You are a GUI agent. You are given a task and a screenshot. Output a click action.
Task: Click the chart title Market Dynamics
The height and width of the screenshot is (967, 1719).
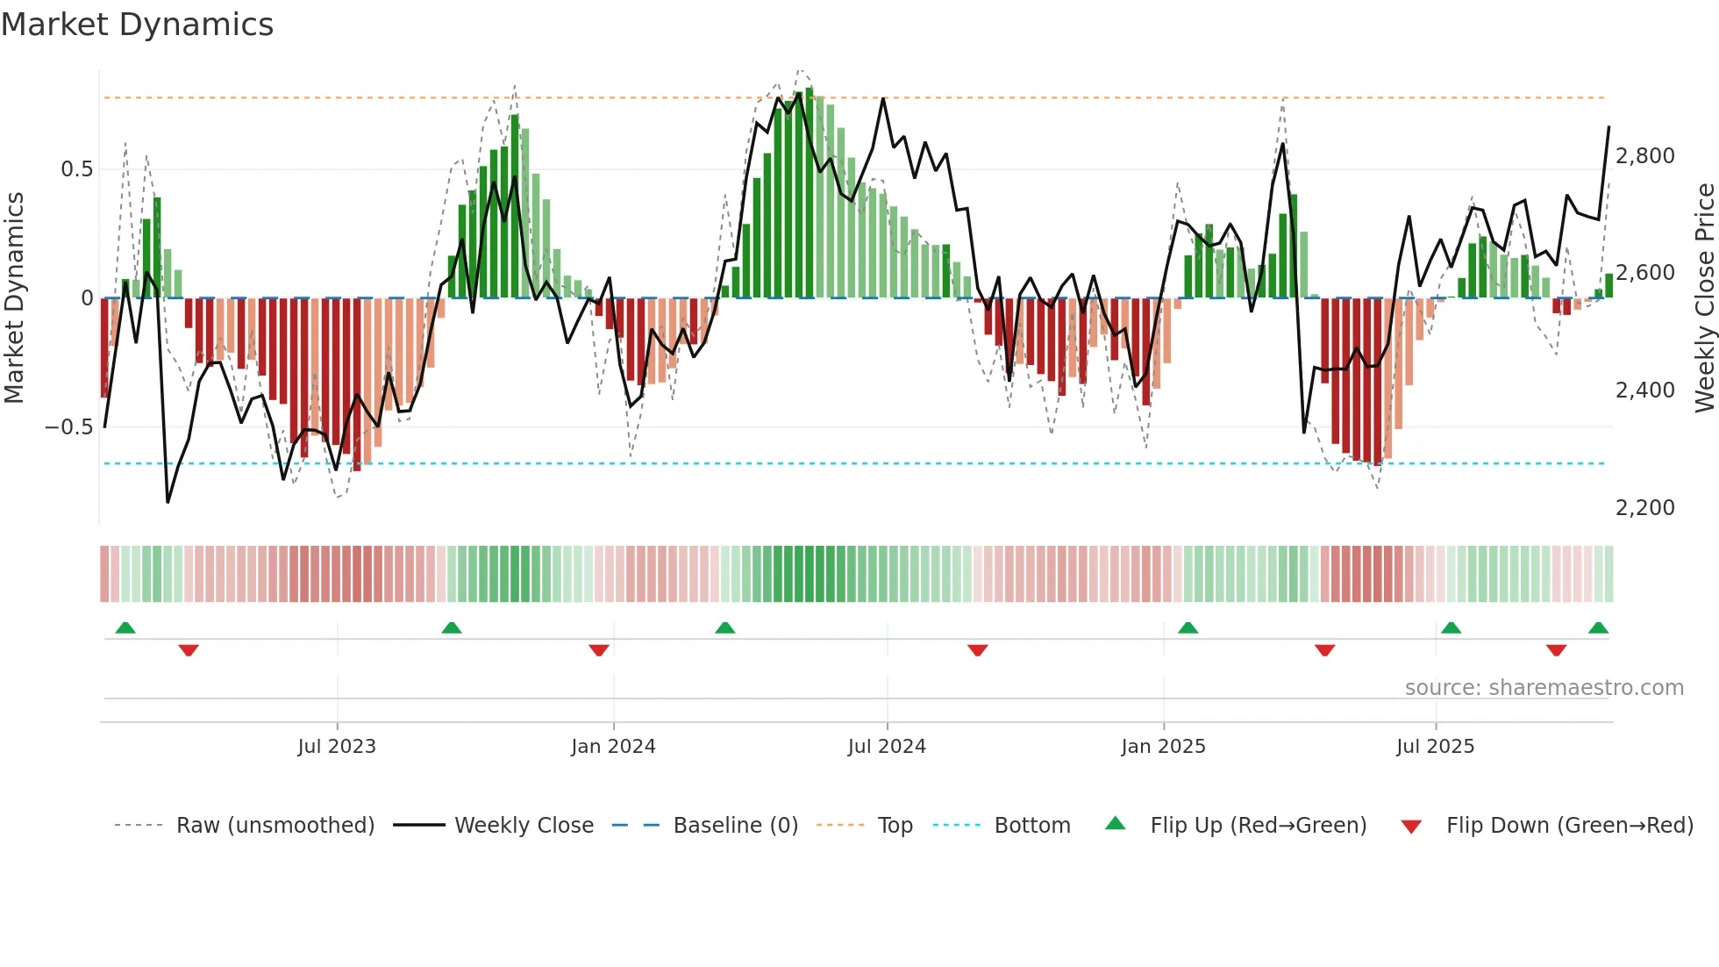pos(137,25)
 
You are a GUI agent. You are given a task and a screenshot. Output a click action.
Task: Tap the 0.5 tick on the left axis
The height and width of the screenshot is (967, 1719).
pos(76,169)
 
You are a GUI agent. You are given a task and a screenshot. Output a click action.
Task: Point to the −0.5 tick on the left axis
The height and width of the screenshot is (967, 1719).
pos(68,427)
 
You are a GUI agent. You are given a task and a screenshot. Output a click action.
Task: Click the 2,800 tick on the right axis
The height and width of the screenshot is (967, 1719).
pos(1644,156)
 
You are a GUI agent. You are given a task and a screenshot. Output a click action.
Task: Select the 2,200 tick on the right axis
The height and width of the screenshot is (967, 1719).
pos(1644,508)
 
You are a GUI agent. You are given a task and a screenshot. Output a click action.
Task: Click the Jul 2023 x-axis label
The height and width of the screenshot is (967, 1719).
pos(337,747)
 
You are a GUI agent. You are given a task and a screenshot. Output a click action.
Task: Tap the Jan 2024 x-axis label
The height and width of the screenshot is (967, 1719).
pos(613,747)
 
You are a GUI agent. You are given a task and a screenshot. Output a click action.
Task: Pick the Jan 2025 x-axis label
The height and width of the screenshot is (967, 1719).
pos(1163,747)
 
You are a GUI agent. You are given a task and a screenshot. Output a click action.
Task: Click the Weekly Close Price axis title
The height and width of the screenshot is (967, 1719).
pos(1704,297)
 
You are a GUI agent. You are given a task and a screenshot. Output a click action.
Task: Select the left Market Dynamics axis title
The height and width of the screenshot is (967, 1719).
pos(14,297)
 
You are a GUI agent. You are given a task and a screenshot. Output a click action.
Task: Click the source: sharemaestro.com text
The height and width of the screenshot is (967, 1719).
pos(1544,688)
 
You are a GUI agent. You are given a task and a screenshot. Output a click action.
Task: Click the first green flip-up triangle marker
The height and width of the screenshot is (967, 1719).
pos(125,628)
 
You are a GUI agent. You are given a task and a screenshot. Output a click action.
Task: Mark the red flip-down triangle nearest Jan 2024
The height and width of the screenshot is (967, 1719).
pos(599,650)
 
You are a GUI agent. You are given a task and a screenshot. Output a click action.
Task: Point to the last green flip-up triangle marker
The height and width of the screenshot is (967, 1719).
pos(1598,628)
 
